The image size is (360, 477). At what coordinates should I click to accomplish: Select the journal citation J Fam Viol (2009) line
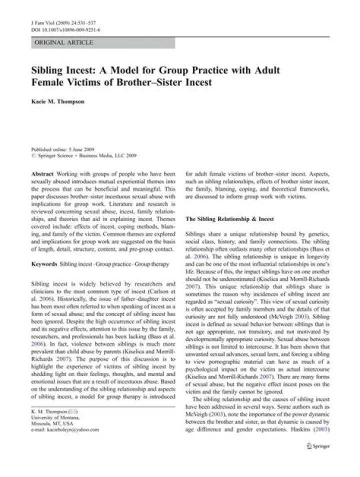click(60, 23)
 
